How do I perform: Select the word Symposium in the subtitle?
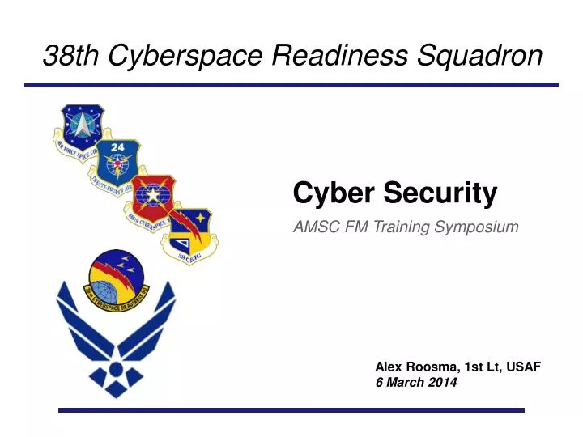click(476, 227)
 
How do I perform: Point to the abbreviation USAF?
click(523, 367)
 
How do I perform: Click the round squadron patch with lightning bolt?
click(117, 282)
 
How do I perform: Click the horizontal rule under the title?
click(291, 85)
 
